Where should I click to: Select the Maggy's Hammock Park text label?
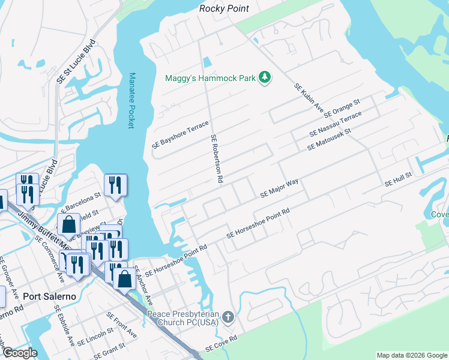tap(210, 78)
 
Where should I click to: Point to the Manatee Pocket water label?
tap(131, 101)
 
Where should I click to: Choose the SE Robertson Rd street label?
tap(217, 158)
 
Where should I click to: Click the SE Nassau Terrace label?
tap(336, 123)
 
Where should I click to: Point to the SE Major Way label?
tap(279, 188)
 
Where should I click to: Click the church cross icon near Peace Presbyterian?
tap(228, 316)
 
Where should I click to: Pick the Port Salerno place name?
tap(47, 296)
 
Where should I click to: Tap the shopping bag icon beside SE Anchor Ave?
tap(124, 279)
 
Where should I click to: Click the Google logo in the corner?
tap(19, 353)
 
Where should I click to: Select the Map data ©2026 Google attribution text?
tap(411, 355)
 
